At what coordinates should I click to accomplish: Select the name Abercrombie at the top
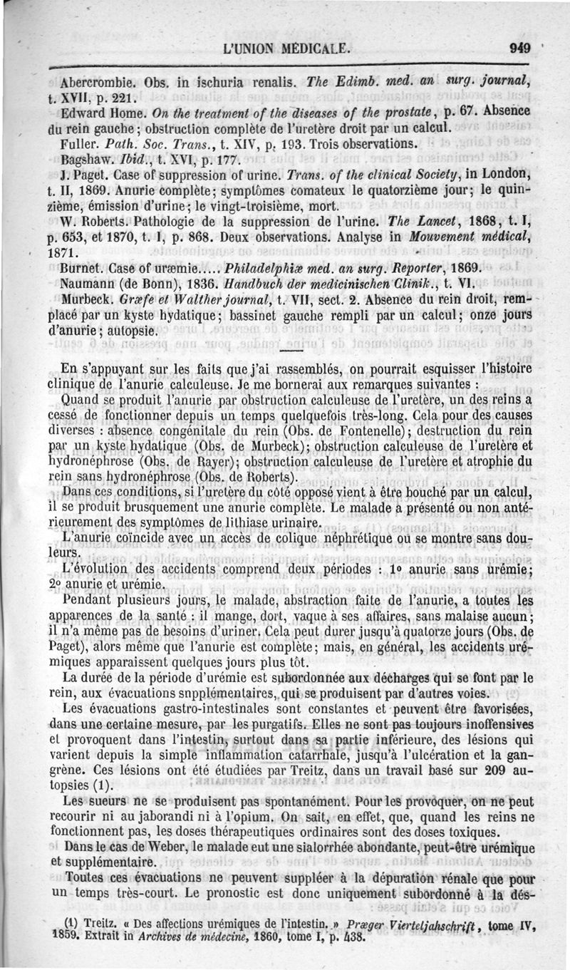99,81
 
